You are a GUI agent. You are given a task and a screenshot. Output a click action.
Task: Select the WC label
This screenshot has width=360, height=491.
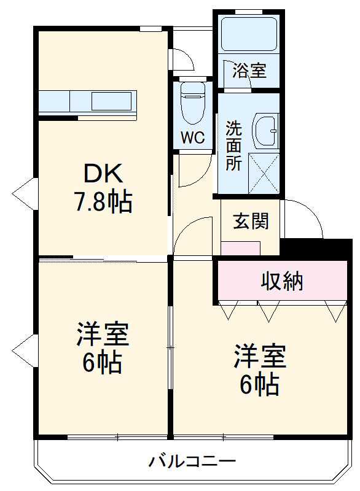pyautogui.click(x=192, y=138)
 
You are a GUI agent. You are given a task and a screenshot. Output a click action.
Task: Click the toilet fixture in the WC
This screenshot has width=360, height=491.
pyautogui.click(x=192, y=101)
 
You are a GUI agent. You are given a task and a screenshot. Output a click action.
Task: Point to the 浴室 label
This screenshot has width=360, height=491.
pyautogui.click(x=249, y=70)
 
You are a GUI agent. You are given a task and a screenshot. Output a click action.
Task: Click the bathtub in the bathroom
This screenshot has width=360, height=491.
pyautogui.click(x=249, y=34)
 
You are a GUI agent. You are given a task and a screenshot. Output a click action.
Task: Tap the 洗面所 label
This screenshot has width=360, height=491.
pyautogui.click(x=233, y=146)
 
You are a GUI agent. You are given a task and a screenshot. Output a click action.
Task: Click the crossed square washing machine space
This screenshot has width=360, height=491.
pyautogui.click(x=264, y=174)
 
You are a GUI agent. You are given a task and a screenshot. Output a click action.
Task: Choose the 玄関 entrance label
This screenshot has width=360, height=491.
pyautogui.click(x=251, y=221)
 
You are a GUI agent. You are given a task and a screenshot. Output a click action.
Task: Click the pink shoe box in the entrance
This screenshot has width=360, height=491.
pyautogui.click(x=240, y=248)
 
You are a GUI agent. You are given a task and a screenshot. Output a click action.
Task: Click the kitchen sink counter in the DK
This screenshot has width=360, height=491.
pyautogui.click(x=87, y=101)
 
